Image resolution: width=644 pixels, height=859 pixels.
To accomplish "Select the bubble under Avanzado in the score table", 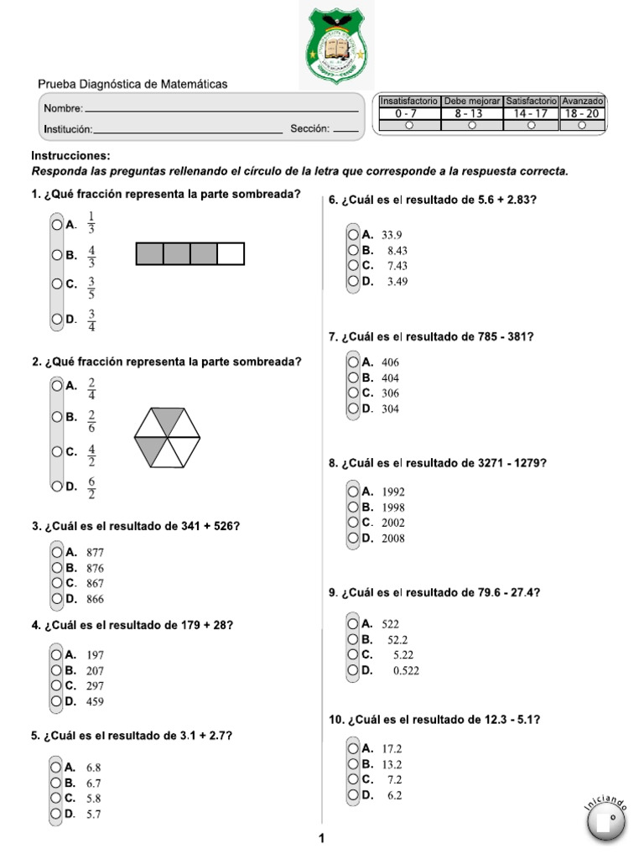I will point(582,125).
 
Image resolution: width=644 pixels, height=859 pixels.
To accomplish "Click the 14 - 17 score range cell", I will point(531,113).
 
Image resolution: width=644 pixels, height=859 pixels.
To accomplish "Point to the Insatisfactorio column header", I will point(408,101).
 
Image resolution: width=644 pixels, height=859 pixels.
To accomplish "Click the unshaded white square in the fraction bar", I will point(231,253).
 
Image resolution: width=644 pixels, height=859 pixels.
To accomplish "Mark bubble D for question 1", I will point(56,319).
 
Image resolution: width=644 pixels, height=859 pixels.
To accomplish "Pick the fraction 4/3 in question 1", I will point(91,257).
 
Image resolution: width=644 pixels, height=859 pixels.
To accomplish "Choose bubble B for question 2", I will point(56,416).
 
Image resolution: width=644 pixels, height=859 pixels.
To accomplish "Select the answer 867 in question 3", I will point(96,584).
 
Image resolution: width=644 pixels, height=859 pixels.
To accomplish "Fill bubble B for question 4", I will point(56,670).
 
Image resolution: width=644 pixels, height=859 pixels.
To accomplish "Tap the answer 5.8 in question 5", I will point(94,799).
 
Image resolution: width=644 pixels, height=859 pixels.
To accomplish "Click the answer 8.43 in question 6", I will point(397,251).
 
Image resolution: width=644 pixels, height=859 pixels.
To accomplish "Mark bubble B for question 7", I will point(353,377).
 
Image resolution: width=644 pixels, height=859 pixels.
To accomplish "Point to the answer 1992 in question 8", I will point(393,492).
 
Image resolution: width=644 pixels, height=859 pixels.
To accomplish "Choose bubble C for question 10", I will point(353,779).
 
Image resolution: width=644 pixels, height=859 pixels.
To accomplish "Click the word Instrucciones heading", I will point(70,156).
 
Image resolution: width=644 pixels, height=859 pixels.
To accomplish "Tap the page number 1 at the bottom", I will point(321,838).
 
